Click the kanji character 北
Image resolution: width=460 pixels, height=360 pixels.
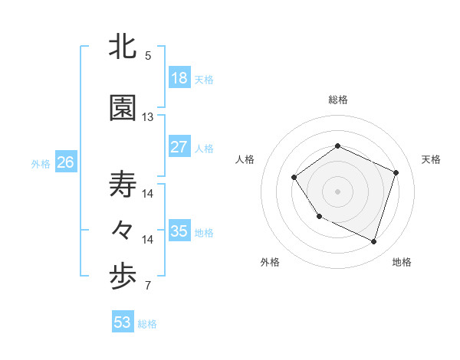(x=123, y=47)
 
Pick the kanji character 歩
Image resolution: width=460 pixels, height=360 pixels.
(x=123, y=277)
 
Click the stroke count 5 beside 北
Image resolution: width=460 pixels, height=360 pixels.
(x=148, y=55)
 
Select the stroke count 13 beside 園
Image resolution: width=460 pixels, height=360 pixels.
(x=148, y=117)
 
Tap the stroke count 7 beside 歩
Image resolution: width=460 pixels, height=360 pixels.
(x=148, y=286)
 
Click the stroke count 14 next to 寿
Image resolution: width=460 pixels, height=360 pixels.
(x=148, y=193)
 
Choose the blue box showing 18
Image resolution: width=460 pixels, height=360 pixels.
(x=179, y=78)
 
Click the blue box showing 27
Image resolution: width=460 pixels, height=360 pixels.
(x=179, y=147)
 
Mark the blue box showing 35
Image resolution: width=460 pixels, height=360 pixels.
(x=179, y=231)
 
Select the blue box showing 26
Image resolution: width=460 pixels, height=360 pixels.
(x=65, y=162)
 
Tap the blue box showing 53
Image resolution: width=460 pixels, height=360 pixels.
(x=123, y=322)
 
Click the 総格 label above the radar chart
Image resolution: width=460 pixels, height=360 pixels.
(x=338, y=100)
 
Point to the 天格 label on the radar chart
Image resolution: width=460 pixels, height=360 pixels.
(x=431, y=159)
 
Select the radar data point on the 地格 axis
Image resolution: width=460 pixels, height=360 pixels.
(x=373, y=242)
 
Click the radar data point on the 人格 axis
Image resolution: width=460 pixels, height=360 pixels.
(x=294, y=178)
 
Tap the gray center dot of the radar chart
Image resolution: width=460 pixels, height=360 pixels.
(x=337, y=191)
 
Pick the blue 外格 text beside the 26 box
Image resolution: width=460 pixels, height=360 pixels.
(x=40, y=163)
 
